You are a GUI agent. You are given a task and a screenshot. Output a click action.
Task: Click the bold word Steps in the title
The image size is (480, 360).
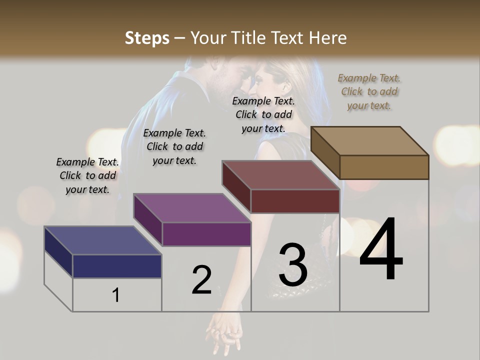tap(146, 38)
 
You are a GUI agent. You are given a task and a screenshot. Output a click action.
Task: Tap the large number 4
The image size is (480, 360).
tap(381, 249)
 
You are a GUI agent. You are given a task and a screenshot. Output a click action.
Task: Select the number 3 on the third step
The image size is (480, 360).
tap(292, 264)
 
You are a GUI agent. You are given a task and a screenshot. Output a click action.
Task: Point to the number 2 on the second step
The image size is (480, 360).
tap(201, 280)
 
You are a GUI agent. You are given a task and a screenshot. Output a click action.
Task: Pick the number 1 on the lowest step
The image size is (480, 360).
tap(115, 295)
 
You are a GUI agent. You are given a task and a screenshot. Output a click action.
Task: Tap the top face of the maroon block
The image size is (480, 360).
tap(280, 175)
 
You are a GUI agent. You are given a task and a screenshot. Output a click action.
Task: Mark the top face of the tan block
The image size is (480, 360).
tap(369, 140)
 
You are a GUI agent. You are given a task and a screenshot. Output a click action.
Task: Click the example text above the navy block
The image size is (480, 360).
tap(87, 175)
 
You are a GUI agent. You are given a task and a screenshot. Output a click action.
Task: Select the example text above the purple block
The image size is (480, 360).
tap(174, 146)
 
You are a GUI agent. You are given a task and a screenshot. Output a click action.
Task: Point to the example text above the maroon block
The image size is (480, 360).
tap(263, 114)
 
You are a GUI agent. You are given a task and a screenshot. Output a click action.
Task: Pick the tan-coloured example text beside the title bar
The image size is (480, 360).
tap(369, 91)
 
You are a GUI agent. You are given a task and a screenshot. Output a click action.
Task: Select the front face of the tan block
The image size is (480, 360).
tap(384, 167)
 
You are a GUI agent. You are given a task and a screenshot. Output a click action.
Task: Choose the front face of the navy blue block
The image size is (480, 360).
tap(117, 266)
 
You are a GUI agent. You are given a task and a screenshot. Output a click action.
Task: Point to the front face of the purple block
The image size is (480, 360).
tap(206, 234)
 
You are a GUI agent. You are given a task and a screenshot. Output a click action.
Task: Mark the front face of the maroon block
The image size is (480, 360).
tap(295, 201)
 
